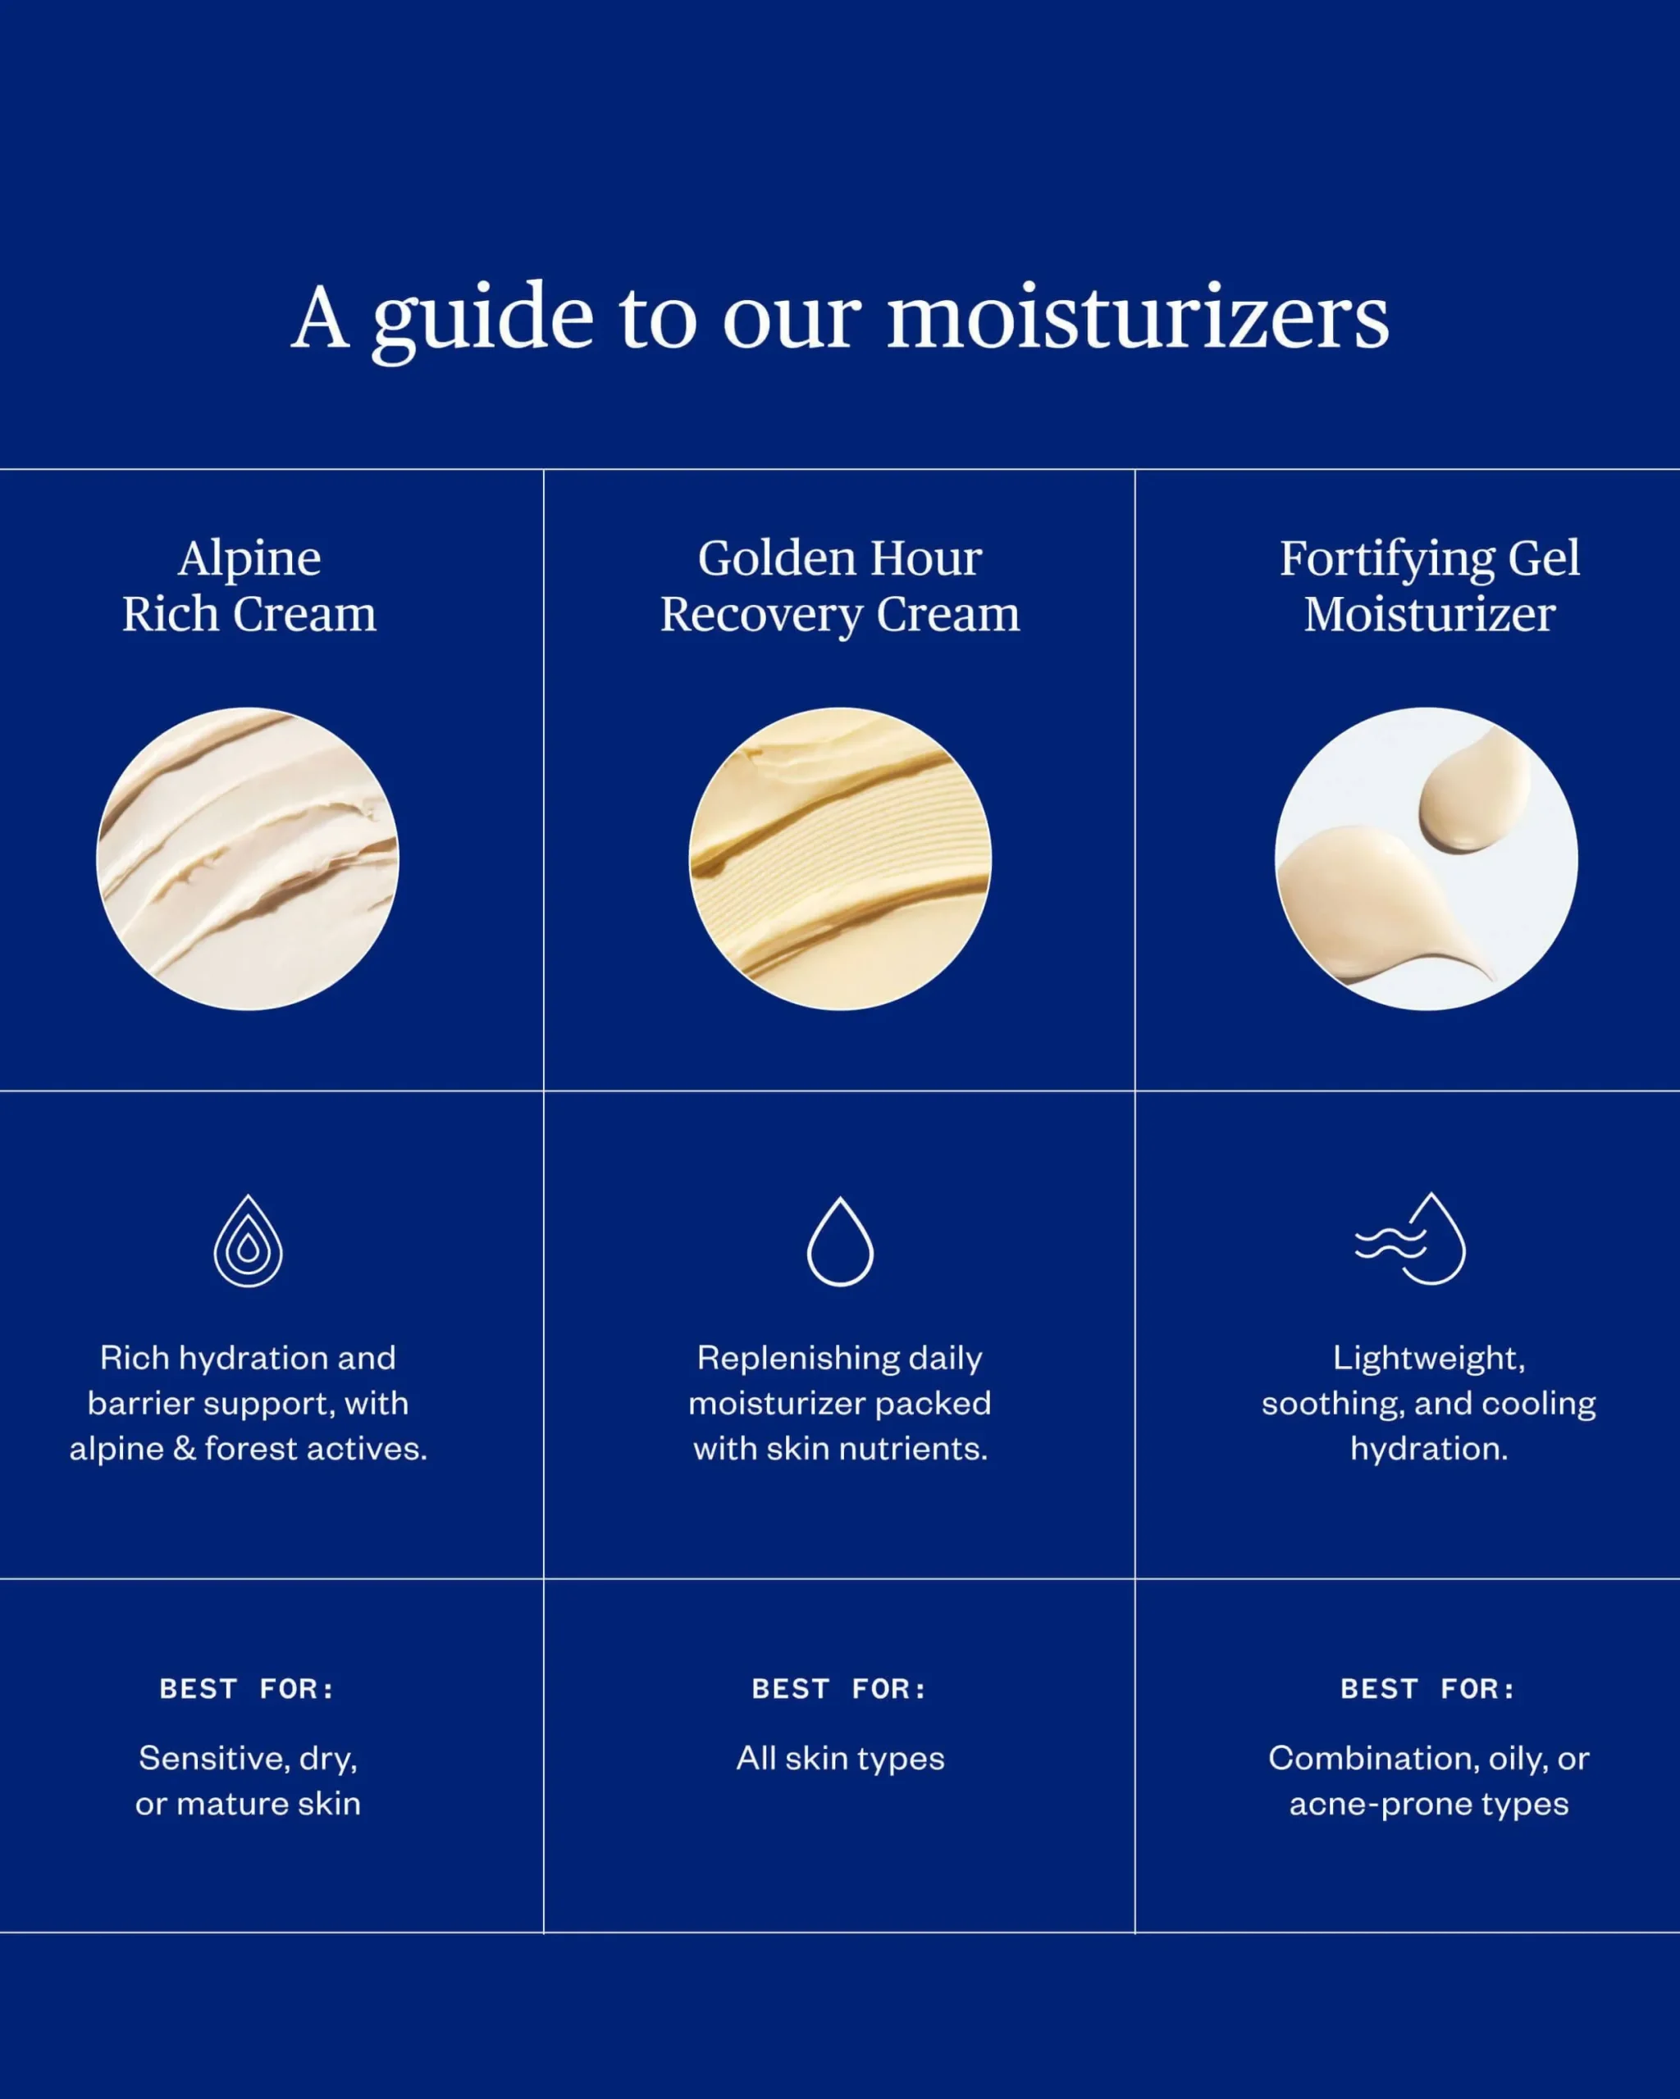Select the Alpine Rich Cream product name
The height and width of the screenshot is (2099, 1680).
pyautogui.click(x=249, y=585)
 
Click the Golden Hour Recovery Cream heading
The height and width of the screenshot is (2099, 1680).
pyautogui.click(x=839, y=585)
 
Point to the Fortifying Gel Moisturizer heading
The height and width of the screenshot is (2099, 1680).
pyautogui.click(x=1429, y=585)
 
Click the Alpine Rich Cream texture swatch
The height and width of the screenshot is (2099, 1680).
pyautogui.click(x=248, y=858)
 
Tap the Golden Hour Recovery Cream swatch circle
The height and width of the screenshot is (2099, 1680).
pyautogui.click(x=839, y=858)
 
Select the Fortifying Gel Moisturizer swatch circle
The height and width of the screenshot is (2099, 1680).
pyautogui.click(x=1427, y=858)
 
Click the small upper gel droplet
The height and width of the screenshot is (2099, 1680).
pyautogui.click(x=1473, y=790)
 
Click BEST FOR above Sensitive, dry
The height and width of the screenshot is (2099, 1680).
pyautogui.click(x=248, y=1688)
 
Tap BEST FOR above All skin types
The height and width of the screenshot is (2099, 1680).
pyautogui.click(x=839, y=1688)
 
